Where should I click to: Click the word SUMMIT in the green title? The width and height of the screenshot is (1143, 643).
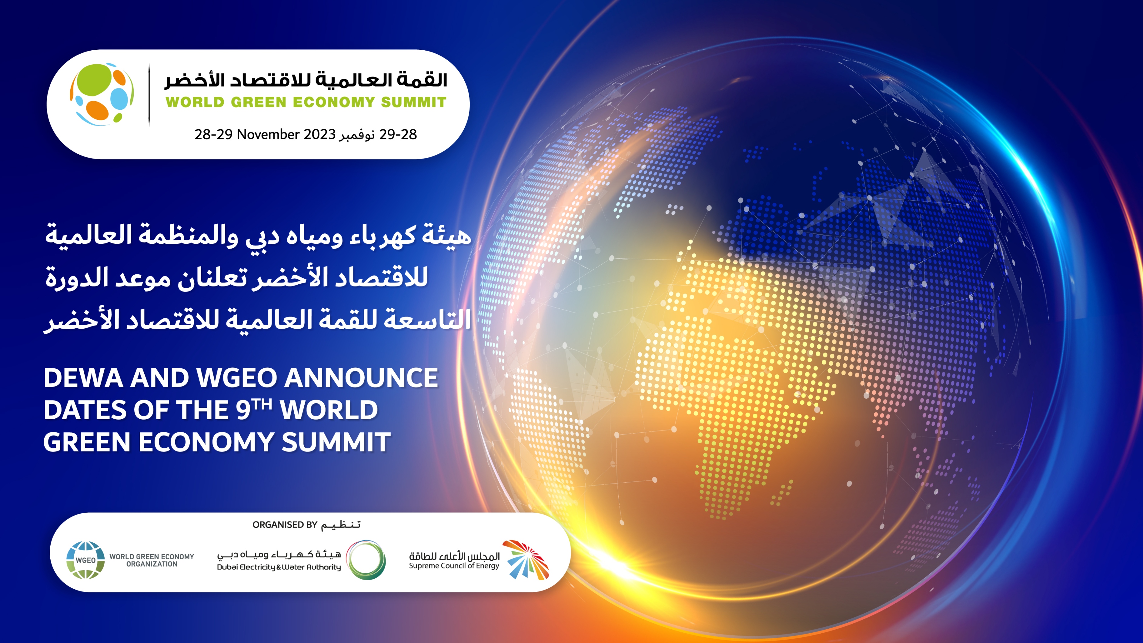[413, 102]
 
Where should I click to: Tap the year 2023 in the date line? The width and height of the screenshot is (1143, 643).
[319, 134]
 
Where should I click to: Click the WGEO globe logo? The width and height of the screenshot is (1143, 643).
[86, 560]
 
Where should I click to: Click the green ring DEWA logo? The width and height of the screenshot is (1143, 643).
[366, 560]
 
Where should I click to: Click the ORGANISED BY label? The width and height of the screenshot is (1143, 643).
[285, 524]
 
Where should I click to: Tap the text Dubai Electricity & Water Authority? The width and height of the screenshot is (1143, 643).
[279, 567]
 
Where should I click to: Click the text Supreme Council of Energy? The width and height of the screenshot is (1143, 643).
[454, 566]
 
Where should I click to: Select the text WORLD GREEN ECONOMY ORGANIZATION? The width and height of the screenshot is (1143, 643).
[152, 560]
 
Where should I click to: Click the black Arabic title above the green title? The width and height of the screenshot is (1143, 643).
[306, 80]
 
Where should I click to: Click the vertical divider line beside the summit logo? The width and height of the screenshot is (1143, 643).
[149, 95]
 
